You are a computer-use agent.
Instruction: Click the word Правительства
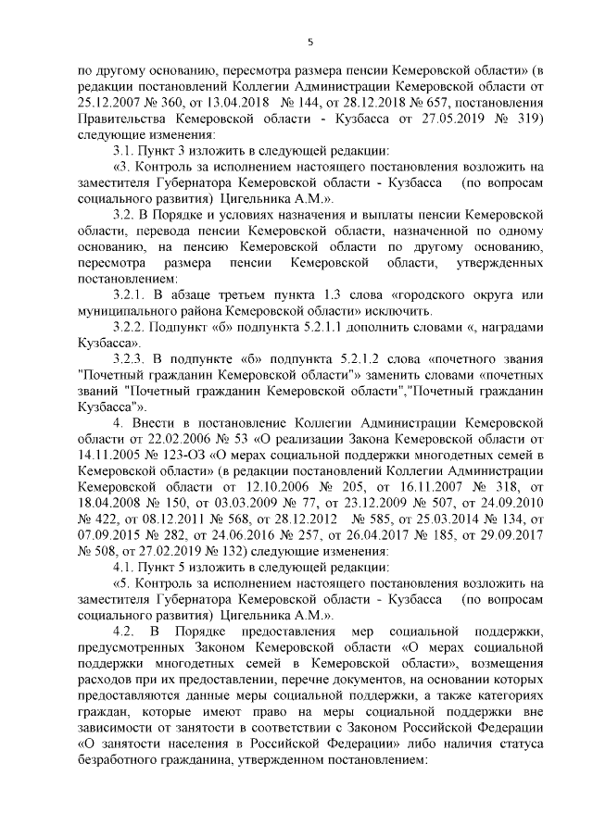point(125,119)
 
